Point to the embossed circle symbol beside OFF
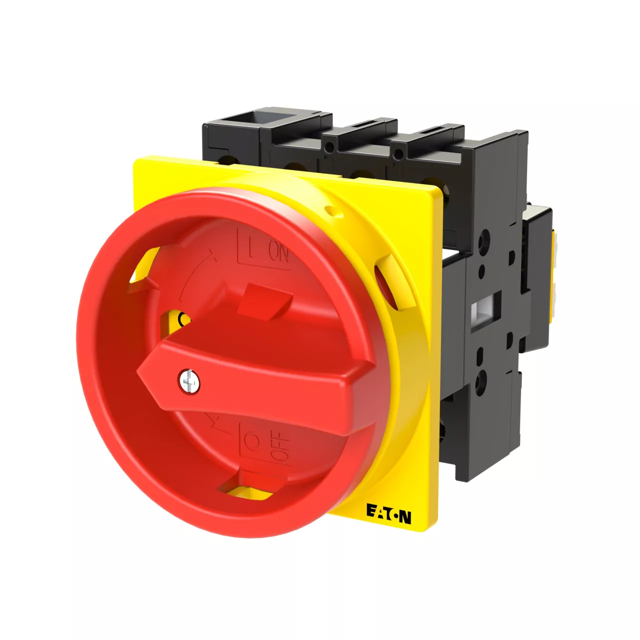[252, 441]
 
